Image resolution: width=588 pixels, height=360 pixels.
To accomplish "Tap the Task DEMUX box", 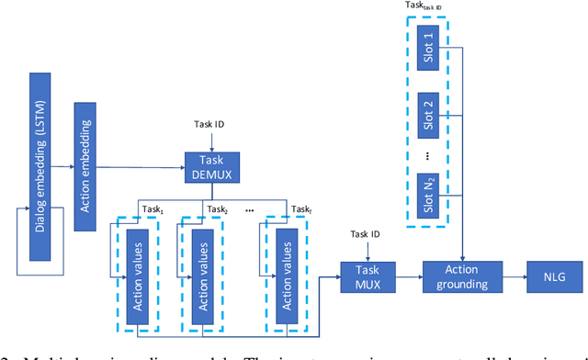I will coord(211,166).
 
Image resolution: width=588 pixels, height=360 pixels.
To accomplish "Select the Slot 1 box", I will coord(430,46).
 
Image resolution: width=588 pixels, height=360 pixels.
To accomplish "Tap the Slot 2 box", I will coord(430,115).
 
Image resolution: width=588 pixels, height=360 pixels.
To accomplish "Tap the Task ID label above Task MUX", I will coord(366,235).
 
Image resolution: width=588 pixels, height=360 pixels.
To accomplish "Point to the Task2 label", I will coord(218,209).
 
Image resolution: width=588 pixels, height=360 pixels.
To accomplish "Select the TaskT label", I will coord(300,209).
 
